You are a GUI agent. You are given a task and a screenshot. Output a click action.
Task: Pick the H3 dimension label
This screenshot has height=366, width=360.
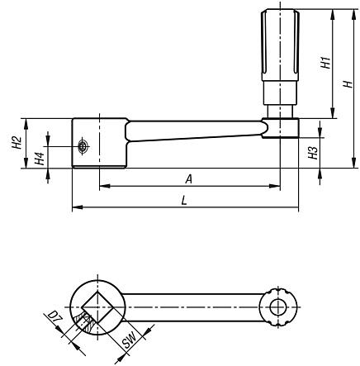point(313,151)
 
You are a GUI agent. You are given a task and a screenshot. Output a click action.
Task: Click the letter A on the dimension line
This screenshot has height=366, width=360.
point(189,178)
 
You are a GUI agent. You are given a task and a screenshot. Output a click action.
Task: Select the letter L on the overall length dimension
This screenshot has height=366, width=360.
point(182,200)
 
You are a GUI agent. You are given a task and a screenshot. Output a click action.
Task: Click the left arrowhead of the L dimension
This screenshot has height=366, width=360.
point(76,207)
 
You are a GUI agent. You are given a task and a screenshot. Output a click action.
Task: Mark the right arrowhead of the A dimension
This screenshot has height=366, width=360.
point(274,186)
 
